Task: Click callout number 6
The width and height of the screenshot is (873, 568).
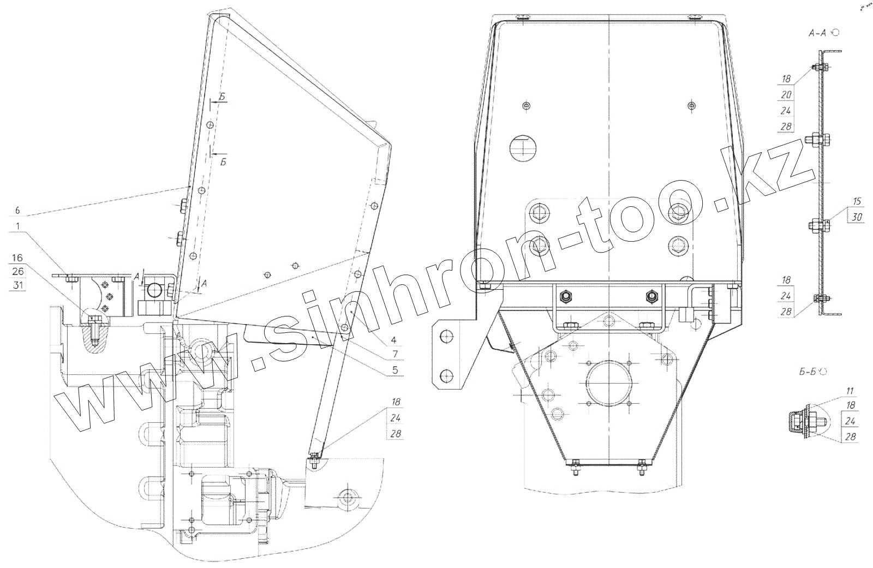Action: point(17,211)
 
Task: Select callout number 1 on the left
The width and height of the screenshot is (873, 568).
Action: point(17,226)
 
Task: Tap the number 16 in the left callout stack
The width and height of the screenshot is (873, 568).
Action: point(17,258)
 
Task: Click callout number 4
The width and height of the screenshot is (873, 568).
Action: point(393,340)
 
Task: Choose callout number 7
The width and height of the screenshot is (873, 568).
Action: point(395,354)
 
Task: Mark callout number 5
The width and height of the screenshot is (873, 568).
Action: point(395,370)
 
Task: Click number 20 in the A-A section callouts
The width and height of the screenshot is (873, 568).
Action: point(786,95)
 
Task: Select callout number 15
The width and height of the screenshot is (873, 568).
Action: point(857,201)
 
